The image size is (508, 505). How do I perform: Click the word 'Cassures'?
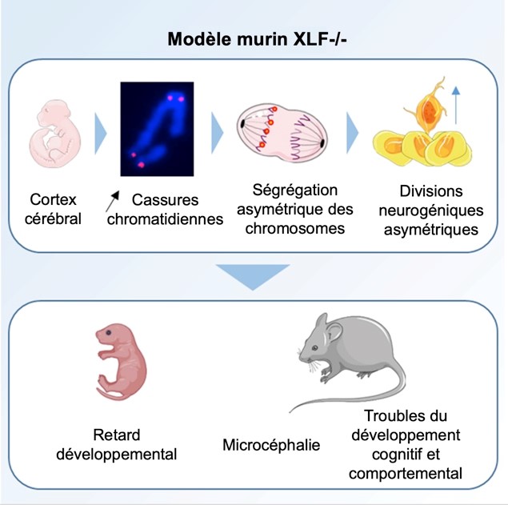click(165, 198)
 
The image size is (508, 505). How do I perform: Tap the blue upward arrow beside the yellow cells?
click(454, 103)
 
